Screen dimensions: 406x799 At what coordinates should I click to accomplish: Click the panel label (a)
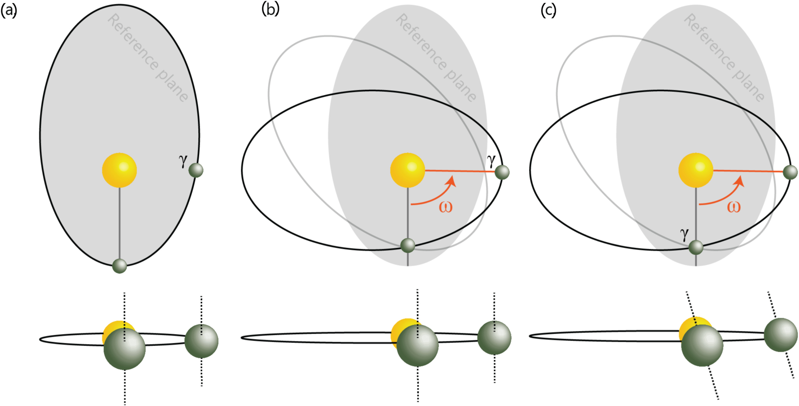point(9,10)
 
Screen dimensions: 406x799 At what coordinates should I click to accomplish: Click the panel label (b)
point(270,9)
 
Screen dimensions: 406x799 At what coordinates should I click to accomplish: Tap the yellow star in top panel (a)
point(120,170)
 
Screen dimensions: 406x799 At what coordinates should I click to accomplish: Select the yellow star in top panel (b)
point(407,170)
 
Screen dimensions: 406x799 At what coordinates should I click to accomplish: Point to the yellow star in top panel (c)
point(695,170)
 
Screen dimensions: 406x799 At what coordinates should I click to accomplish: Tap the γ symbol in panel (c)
point(684,233)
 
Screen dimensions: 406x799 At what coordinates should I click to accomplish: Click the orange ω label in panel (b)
point(445,207)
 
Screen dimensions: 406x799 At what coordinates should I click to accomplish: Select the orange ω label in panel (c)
point(733,207)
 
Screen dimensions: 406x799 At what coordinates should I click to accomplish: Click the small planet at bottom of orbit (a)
point(120,265)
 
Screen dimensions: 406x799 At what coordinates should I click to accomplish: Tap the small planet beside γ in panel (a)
point(196,170)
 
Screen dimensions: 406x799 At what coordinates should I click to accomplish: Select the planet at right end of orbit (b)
point(502,172)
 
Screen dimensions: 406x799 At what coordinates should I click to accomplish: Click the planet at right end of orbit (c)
point(790,172)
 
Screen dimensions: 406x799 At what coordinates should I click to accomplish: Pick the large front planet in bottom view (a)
point(124,348)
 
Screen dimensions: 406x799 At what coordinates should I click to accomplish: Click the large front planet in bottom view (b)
point(417,345)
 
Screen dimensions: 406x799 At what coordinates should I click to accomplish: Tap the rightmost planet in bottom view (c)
point(780,335)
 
